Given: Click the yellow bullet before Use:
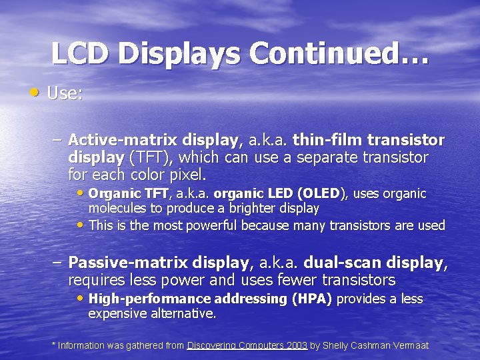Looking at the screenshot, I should (35, 91).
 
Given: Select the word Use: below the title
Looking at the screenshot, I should (65, 93).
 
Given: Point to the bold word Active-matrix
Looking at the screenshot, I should (113, 141).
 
